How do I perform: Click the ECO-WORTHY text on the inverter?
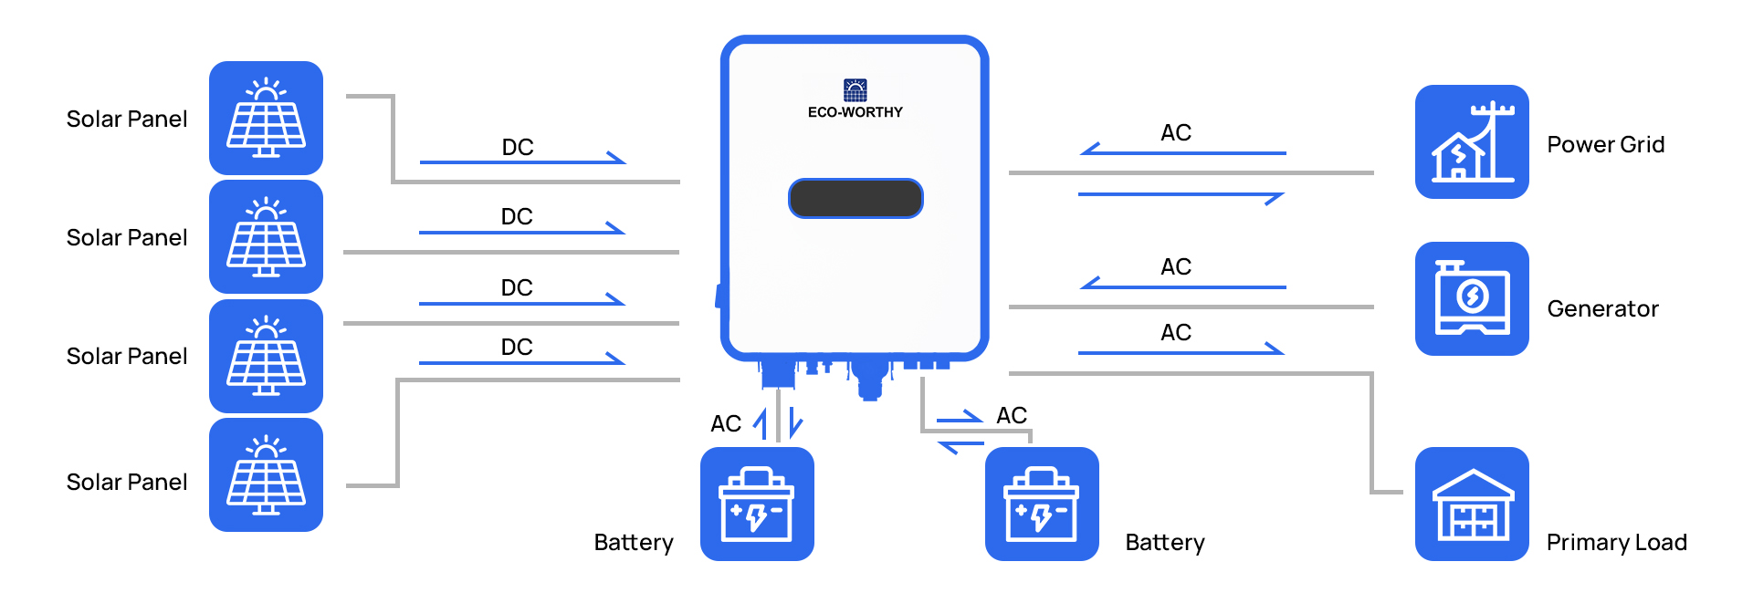(855, 112)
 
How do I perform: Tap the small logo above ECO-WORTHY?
(856, 89)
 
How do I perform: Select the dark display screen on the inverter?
(856, 198)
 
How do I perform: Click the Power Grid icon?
(1472, 141)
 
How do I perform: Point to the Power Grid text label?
(1606, 144)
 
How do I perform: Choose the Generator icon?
(1472, 298)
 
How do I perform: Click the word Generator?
(1603, 308)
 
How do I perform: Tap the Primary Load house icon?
(1472, 504)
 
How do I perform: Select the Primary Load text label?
(1617, 543)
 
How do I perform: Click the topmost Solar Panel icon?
(266, 118)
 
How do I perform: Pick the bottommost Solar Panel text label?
(127, 482)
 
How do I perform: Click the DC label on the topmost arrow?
(518, 147)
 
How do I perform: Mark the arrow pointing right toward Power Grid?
(1181, 194)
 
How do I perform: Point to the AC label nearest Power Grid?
(1176, 132)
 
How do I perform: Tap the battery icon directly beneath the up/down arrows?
(757, 504)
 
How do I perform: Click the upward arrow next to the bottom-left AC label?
(761, 424)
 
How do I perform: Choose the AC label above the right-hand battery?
(1012, 415)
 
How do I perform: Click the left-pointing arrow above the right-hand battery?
(961, 445)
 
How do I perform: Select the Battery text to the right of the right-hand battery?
(1165, 543)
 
